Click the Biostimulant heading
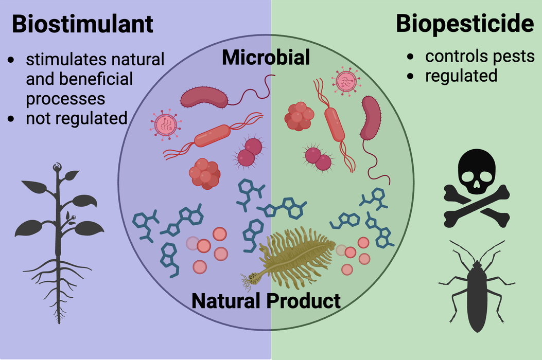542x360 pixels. pyautogui.click(x=82, y=24)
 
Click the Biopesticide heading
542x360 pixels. pyautogui.click(x=465, y=24)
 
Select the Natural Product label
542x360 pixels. pyautogui.click(x=266, y=300)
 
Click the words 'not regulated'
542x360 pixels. pyautogui.click(x=77, y=118)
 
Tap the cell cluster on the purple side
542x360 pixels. pyautogui.click(x=205, y=172)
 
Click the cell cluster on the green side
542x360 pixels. pyautogui.click(x=299, y=116)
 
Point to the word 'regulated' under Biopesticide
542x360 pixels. pyautogui.click(x=461, y=76)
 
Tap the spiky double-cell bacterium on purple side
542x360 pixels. pyautogui.click(x=250, y=153)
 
